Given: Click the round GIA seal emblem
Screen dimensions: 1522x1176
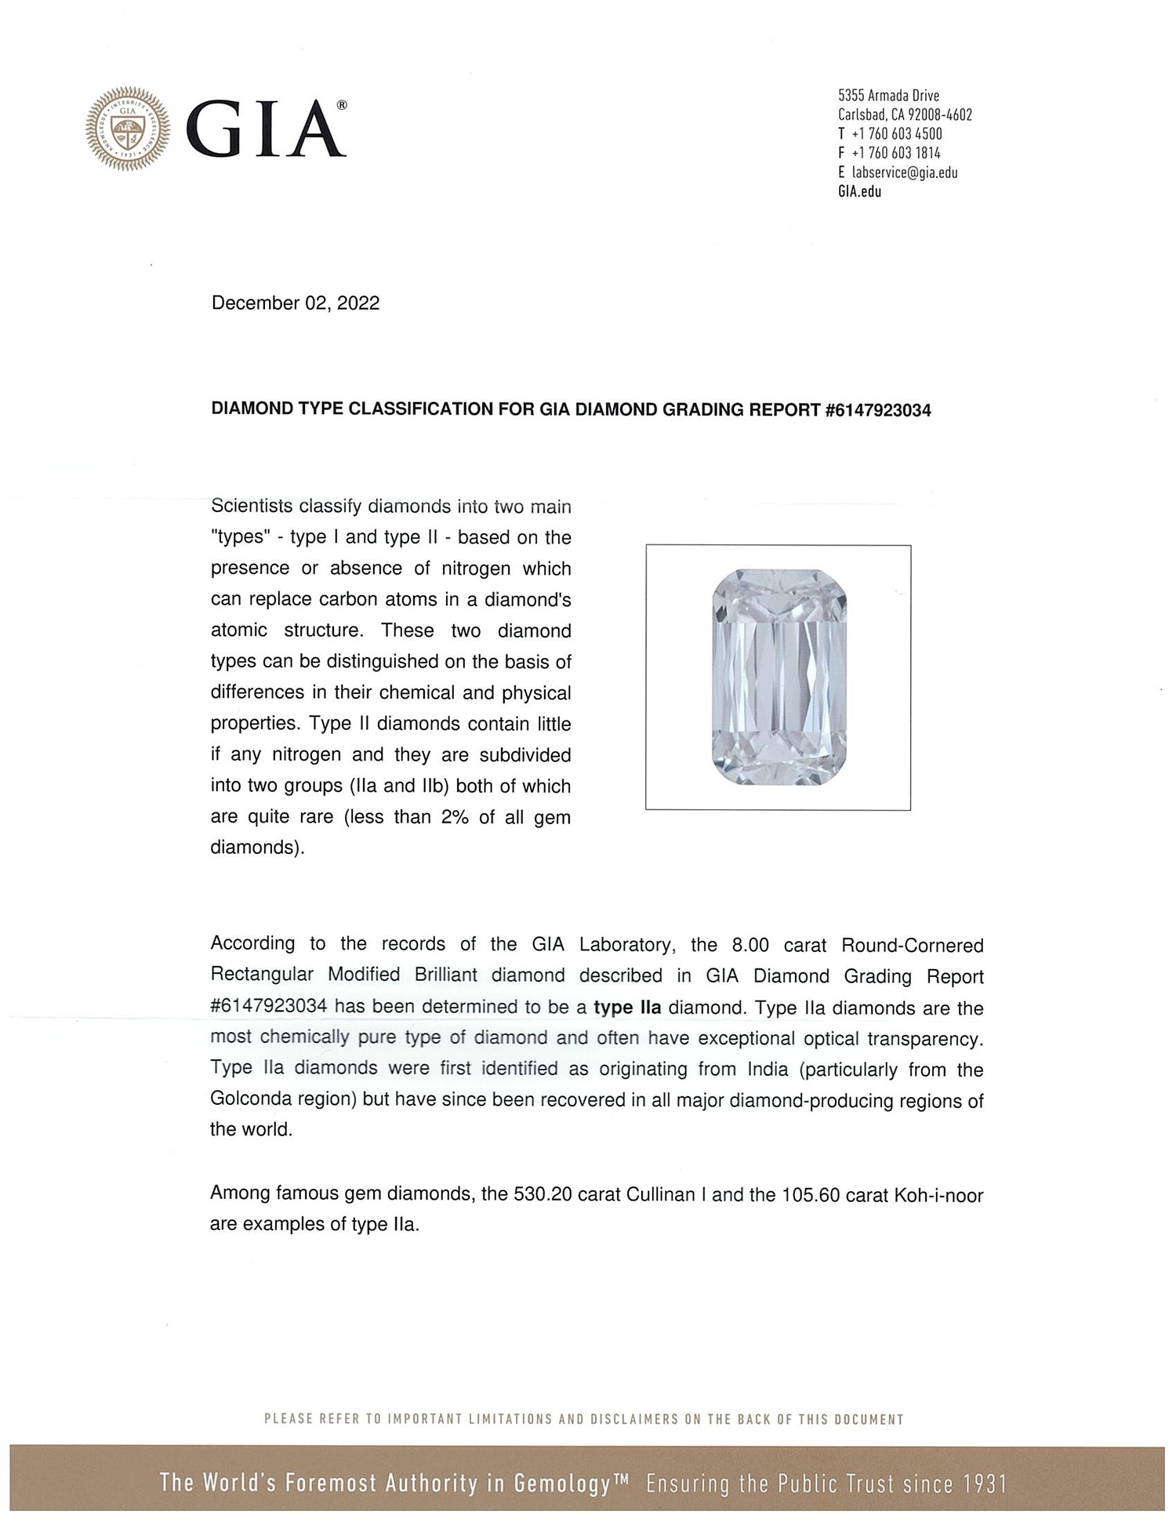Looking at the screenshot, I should pos(128,128).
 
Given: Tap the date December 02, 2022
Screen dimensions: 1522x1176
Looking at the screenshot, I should pos(295,303).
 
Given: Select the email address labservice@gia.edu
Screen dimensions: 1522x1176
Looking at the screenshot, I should pos(904,173).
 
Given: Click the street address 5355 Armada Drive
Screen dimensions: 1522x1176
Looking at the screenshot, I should pos(888,96).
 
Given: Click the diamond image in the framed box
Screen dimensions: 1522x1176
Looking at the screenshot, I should pos(779,677).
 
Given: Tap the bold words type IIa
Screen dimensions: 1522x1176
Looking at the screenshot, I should pos(627,1008).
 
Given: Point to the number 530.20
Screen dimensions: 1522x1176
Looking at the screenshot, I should pos(539,1195).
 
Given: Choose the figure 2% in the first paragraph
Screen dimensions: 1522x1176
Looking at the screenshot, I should pos(455,817).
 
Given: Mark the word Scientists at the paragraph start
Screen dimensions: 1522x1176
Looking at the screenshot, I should pos(257,507).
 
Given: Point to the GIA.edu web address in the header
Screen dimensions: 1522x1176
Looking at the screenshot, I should pos(859,192).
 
